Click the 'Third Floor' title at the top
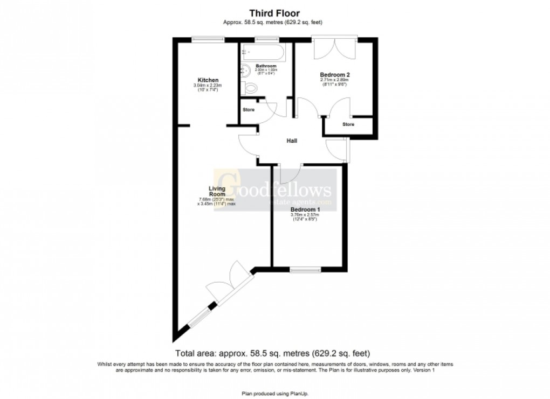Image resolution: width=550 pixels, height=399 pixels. tap(274, 13)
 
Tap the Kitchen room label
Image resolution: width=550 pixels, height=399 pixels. tap(208, 80)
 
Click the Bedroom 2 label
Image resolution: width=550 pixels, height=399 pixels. tap(335, 75)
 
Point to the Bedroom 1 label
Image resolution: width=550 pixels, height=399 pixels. tap(305, 209)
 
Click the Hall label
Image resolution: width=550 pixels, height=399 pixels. tap(292, 141)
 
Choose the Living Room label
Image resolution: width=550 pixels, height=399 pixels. tap(217, 191)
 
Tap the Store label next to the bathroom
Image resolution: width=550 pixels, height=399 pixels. tap(249, 110)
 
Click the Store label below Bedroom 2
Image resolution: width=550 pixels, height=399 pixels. tap(348, 124)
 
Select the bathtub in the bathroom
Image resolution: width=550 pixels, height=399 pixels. tap(264, 52)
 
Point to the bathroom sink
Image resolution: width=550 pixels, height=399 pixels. tap(244, 69)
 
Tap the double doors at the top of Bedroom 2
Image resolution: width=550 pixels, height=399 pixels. tap(334, 48)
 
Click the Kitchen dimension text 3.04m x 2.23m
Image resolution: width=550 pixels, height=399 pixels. tap(208, 86)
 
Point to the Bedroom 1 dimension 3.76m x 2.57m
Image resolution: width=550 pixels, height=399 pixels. tap(305, 215)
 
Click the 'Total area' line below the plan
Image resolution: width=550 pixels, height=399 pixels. tap(272, 354)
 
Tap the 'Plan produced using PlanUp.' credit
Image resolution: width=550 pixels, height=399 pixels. tap(274, 394)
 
